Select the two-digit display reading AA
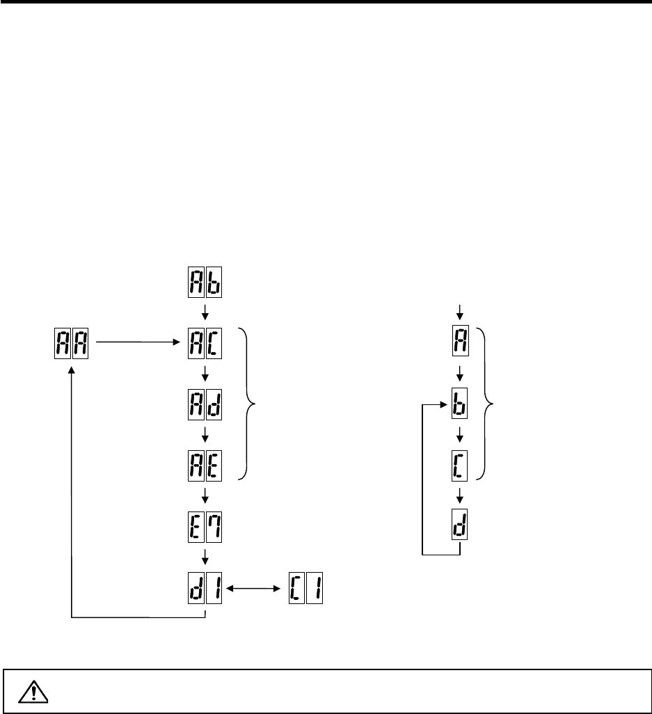pyautogui.click(x=72, y=343)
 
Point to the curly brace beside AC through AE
pyautogui.click(x=250, y=403)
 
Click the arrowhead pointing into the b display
pyautogui.click(x=441, y=403)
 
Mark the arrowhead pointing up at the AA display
pyautogui.click(x=72, y=372)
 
